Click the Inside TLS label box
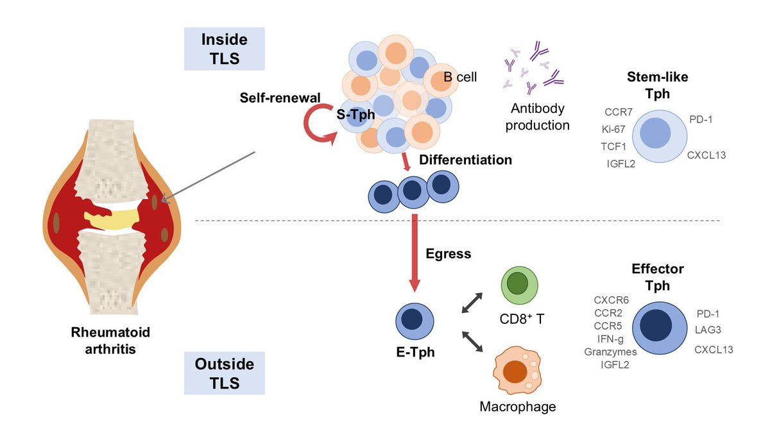coord(224,48)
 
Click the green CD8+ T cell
coord(517,285)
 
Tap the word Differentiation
coord(465,160)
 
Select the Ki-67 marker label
coord(613,129)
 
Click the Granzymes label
coord(610,352)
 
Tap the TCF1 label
coord(613,146)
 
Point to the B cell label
coord(460,78)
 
